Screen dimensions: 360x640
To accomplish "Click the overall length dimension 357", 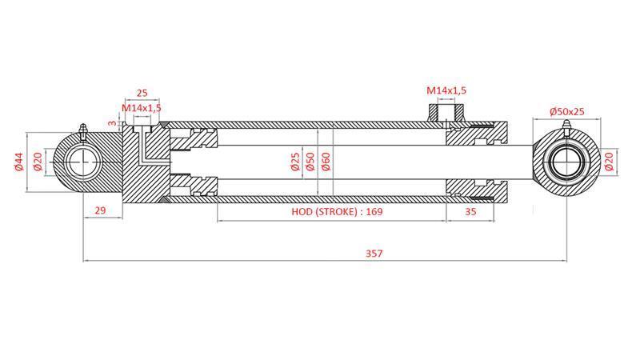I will pyautogui.click(x=374, y=254).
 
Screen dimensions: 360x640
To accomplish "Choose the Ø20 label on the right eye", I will pyautogui.click(x=610, y=161).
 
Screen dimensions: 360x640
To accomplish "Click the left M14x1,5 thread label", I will pyautogui.click(x=142, y=107).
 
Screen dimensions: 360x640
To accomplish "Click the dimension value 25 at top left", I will pyautogui.click(x=142, y=94).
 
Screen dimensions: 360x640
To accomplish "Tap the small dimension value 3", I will pyautogui.click(x=113, y=122).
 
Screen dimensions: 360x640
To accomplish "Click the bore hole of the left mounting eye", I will pyautogui.click(x=82, y=163).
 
